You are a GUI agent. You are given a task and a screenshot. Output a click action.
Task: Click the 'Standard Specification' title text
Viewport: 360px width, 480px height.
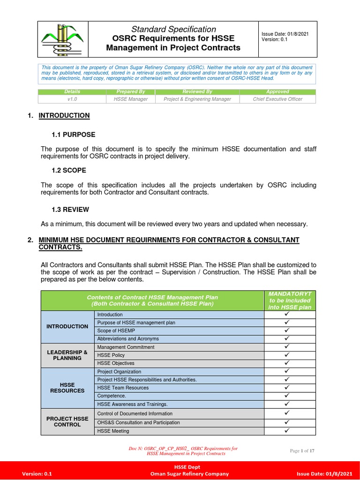[173, 29]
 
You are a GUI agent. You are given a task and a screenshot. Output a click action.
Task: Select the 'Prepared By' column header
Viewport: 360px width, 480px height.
[130, 91]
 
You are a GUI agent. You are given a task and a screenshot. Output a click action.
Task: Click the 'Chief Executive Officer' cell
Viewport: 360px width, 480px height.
[277, 99]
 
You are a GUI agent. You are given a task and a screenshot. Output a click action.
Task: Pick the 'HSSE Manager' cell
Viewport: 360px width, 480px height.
[130, 99]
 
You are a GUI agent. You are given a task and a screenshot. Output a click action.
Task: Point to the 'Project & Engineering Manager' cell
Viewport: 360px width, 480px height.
[197, 99]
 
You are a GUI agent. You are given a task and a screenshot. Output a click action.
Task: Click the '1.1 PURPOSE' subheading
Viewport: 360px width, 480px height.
[73, 135]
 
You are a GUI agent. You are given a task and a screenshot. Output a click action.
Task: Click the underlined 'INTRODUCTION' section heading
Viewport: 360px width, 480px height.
[64, 115]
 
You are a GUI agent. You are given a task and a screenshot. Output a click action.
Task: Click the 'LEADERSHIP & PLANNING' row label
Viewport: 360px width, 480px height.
[67, 355]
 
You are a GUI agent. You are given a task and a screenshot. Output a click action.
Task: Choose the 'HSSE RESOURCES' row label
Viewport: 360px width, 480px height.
[67, 388]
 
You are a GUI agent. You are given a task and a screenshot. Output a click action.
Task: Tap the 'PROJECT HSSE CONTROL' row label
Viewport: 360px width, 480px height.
[67, 421]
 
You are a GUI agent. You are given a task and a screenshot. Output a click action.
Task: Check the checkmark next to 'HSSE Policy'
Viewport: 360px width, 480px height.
[287, 355]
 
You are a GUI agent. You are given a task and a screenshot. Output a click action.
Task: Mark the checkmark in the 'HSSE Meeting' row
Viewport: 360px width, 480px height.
[287, 431]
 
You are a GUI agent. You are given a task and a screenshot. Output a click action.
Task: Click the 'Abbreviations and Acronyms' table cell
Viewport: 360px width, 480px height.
[128, 338]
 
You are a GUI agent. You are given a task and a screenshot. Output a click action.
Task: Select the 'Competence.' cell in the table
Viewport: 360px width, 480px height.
[112, 396]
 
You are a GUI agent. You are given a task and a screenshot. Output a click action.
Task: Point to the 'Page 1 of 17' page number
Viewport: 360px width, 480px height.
[302, 451]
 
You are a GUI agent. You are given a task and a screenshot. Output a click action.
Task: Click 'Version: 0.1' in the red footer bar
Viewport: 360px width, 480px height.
[37, 474]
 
